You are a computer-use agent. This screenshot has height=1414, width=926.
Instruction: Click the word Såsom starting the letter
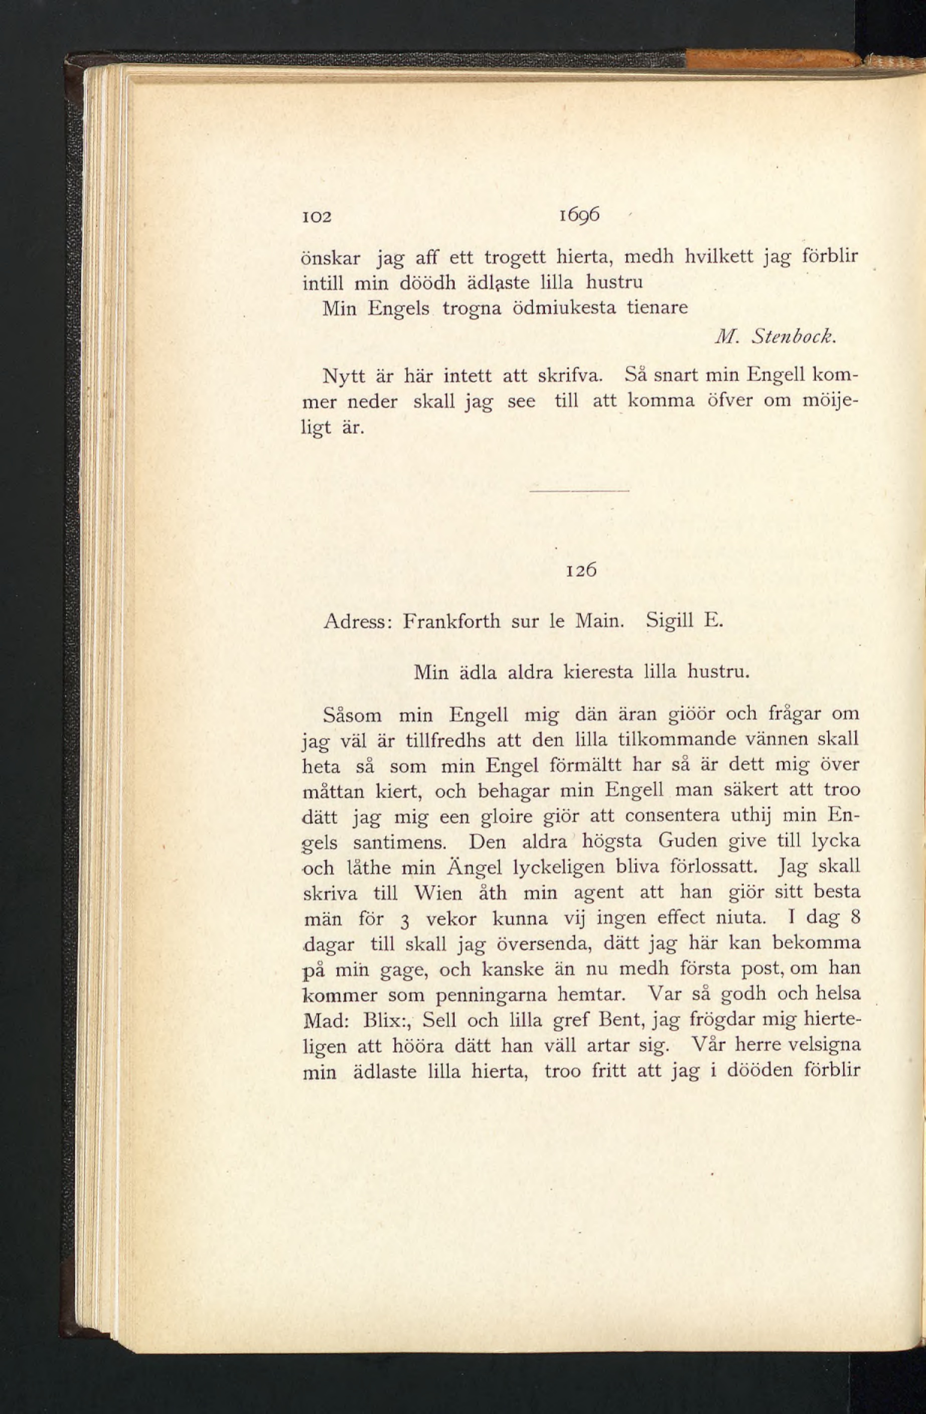[352, 714]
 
